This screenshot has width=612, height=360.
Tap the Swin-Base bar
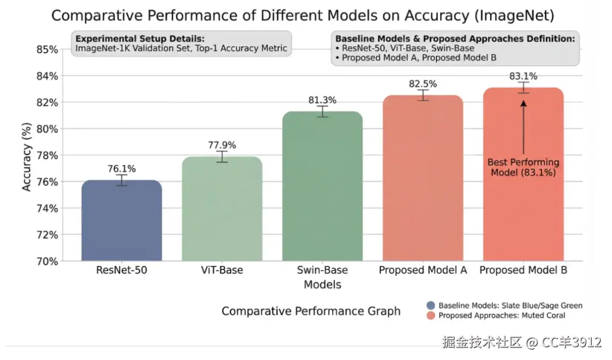(322, 186)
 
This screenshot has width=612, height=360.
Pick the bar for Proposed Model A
(423, 178)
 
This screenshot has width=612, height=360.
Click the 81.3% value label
(322, 100)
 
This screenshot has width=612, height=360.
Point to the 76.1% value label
(121, 169)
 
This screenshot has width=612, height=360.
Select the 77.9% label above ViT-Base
(222, 145)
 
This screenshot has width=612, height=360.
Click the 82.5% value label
(423, 84)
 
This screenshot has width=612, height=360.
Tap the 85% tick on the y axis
(47, 50)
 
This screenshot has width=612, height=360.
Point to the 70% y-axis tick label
(47, 261)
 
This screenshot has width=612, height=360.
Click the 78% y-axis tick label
(47, 155)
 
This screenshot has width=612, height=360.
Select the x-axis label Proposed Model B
(523, 270)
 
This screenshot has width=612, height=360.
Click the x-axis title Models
(322, 284)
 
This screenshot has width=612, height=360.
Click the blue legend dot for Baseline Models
(430, 306)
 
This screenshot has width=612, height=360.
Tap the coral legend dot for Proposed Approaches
(430, 316)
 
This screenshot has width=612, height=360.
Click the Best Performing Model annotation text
(523, 167)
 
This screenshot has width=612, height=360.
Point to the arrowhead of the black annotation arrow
(523, 105)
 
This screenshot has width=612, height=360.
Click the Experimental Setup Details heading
(140, 38)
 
